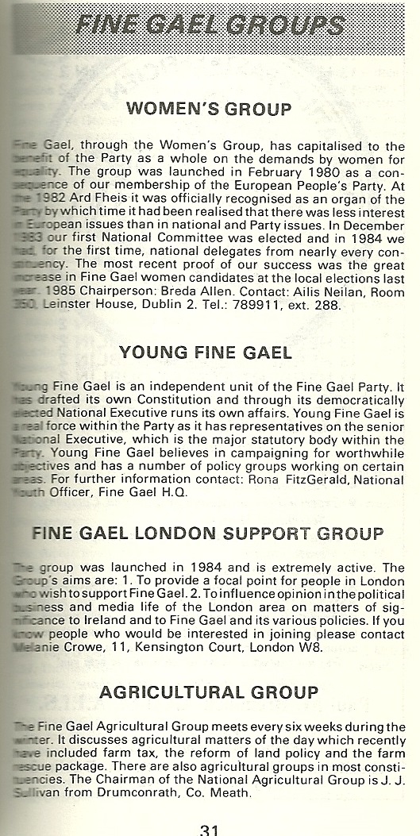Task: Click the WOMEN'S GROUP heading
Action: tap(209, 108)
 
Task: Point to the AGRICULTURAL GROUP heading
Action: tap(209, 693)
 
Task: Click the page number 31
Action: tap(210, 827)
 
